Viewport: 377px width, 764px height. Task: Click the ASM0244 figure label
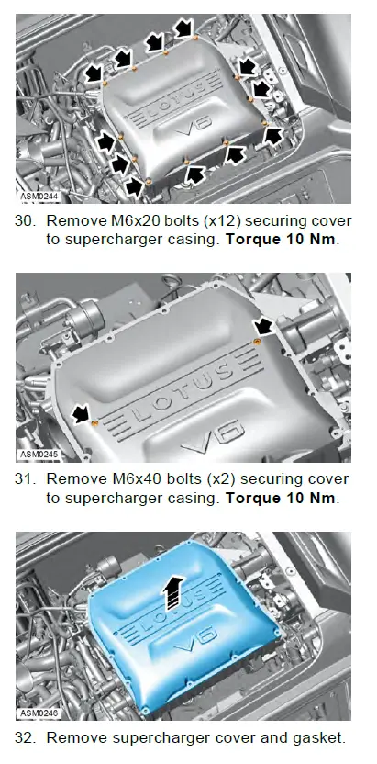pyautogui.click(x=39, y=197)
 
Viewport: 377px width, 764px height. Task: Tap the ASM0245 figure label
pyautogui.click(x=39, y=455)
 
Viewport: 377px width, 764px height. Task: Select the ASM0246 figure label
pyautogui.click(x=39, y=713)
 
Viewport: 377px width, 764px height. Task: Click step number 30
pyautogui.click(x=26, y=220)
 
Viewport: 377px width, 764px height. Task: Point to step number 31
pyautogui.click(x=26, y=479)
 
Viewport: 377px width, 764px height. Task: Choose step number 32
pyautogui.click(x=26, y=737)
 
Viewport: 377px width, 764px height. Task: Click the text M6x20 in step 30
pyautogui.click(x=139, y=220)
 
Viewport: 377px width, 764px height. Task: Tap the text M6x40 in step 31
pyautogui.click(x=139, y=479)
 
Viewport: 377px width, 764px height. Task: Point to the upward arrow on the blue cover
pyautogui.click(x=174, y=592)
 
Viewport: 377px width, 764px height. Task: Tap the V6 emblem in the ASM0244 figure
pyautogui.click(x=194, y=125)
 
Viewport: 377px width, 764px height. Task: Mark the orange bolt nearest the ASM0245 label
pyautogui.click(x=94, y=421)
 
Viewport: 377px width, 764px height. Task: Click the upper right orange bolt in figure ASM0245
pyautogui.click(x=257, y=342)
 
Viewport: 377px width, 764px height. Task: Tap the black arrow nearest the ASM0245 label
pyautogui.click(x=81, y=414)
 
